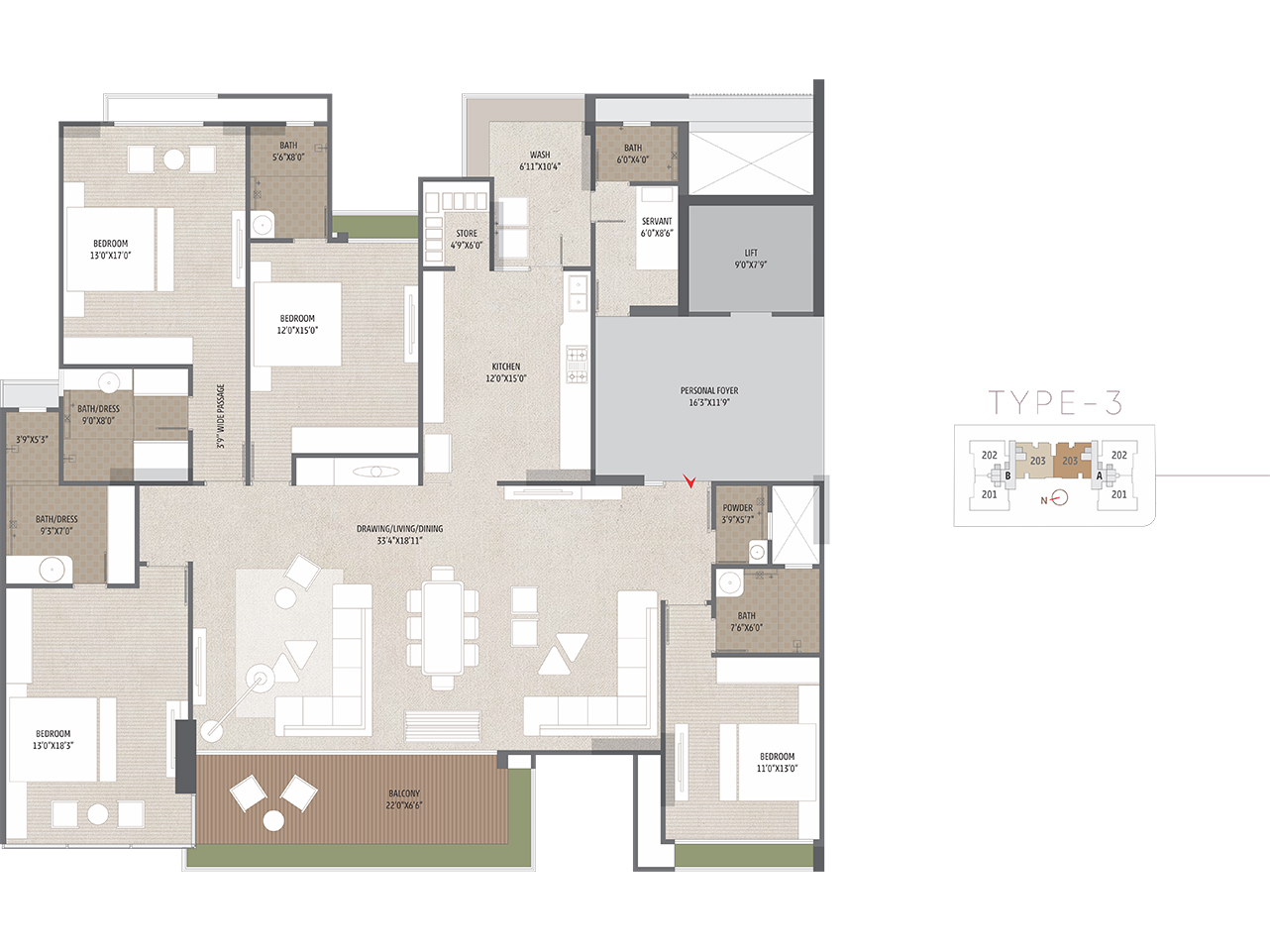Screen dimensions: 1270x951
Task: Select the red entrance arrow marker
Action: (689, 480)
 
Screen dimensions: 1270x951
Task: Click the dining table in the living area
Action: (443, 628)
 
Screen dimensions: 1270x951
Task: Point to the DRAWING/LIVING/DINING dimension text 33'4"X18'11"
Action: (399, 540)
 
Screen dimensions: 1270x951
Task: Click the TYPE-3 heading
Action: (1055, 402)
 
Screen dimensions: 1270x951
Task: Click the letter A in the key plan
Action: (1100, 475)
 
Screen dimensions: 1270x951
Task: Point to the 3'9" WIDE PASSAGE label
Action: (221, 416)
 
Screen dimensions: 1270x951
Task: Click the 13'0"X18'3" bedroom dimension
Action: (53, 746)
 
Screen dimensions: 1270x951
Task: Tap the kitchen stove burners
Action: (577, 365)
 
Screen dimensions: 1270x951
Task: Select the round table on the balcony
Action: (273, 821)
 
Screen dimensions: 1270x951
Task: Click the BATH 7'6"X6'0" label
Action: (746, 621)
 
